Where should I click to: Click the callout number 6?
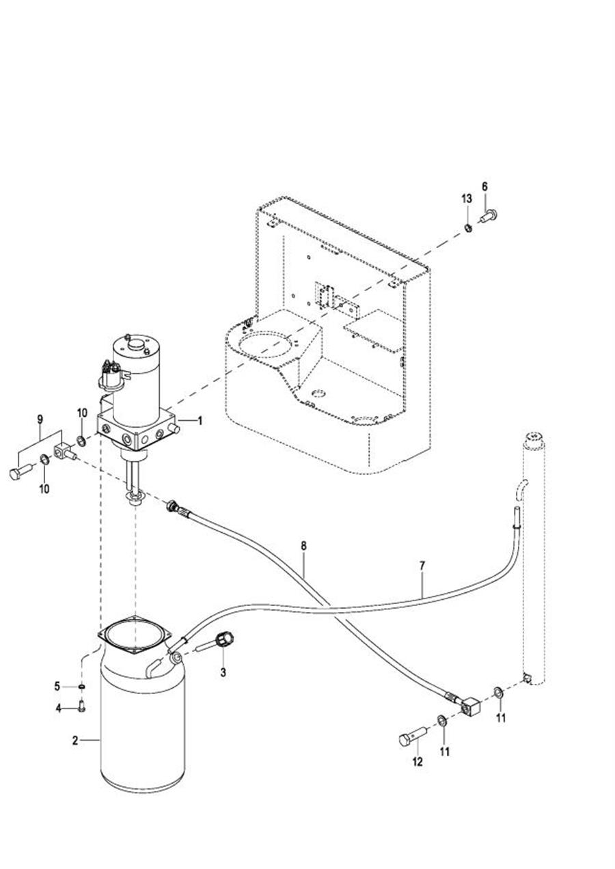pyautogui.click(x=484, y=187)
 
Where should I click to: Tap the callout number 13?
pyautogui.click(x=467, y=199)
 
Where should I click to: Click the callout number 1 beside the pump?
pyautogui.click(x=200, y=421)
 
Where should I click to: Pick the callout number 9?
pyautogui.click(x=40, y=419)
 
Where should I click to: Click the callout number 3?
pyautogui.click(x=223, y=673)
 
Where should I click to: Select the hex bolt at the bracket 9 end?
pyautogui.click(x=21, y=472)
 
